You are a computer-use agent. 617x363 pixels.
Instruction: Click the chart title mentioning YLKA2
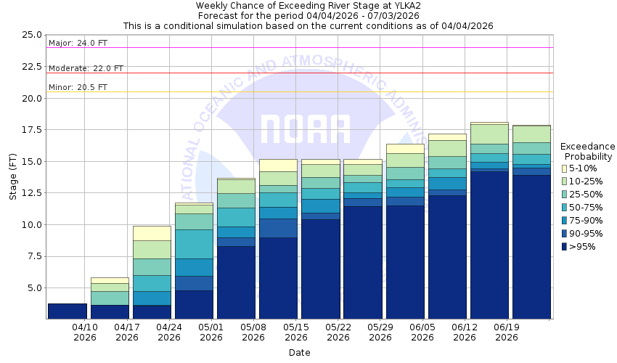(308, 6)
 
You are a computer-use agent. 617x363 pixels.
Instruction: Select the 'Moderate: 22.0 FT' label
(86, 68)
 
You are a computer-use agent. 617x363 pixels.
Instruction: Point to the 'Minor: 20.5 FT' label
(78, 87)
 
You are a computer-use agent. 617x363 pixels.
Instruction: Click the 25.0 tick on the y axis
(31, 35)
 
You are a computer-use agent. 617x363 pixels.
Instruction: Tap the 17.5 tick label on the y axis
(31, 130)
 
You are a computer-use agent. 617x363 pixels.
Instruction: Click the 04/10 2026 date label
(84, 332)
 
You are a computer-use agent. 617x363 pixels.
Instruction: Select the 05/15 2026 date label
(295, 332)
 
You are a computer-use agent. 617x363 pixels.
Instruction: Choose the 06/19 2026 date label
(507, 332)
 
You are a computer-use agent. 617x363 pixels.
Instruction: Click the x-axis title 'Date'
(299, 353)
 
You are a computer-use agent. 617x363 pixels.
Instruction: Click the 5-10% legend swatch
(565, 168)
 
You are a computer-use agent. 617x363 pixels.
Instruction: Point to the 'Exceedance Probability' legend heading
(588, 151)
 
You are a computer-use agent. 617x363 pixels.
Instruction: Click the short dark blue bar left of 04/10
(67, 311)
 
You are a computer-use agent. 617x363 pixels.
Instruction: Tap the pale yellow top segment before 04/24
(151, 233)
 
